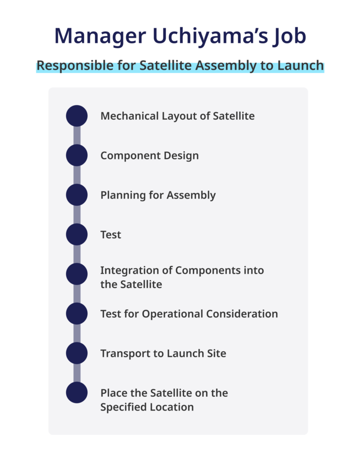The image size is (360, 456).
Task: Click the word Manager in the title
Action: (x=100, y=37)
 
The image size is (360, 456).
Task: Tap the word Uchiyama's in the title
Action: (x=210, y=36)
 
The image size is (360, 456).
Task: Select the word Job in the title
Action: (x=290, y=37)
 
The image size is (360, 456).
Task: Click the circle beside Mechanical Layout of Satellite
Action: (x=77, y=116)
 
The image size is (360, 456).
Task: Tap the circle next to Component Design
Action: (x=77, y=155)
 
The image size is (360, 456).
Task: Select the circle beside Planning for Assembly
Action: (x=77, y=195)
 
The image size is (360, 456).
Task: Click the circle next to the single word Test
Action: (x=77, y=234)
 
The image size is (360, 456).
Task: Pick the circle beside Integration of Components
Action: (x=77, y=274)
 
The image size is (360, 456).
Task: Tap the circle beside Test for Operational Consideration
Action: (x=77, y=313)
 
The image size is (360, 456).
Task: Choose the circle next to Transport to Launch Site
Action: (x=77, y=353)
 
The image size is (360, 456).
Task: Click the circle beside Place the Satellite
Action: (x=77, y=393)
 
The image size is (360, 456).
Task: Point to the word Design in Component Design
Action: (x=181, y=156)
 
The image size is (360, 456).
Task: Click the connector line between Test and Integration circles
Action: (x=77, y=254)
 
